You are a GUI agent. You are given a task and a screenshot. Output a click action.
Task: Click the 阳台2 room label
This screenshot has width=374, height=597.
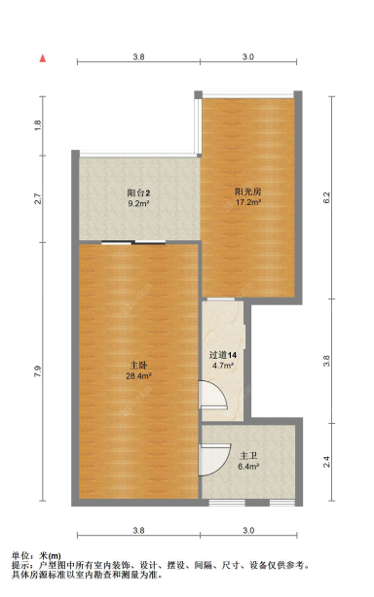[137, 193]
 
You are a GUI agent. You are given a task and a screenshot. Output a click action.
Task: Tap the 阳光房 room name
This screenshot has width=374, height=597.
[247, 193]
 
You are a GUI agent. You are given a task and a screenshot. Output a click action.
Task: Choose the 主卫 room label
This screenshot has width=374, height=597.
[247, 455]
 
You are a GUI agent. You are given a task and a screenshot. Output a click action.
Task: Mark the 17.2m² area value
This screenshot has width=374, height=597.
[247, 204]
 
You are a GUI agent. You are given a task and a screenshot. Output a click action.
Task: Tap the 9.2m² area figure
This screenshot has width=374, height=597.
[137, 204]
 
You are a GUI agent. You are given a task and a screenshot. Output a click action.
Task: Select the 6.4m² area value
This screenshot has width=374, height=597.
[248, 467]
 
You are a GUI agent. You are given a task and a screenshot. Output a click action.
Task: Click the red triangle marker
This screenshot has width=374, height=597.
[43, 58]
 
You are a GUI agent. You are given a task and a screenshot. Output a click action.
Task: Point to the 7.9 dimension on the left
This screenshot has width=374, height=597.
[38, 372]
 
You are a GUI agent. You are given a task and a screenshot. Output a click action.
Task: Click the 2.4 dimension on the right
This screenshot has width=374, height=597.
[328, 462]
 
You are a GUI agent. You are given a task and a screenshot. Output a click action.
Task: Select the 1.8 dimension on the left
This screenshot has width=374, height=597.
[38, 124]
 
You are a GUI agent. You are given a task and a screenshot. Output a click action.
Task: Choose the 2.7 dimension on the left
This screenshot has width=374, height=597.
[38, 199]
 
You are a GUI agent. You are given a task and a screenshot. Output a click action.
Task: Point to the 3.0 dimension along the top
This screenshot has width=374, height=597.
[248, 58]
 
